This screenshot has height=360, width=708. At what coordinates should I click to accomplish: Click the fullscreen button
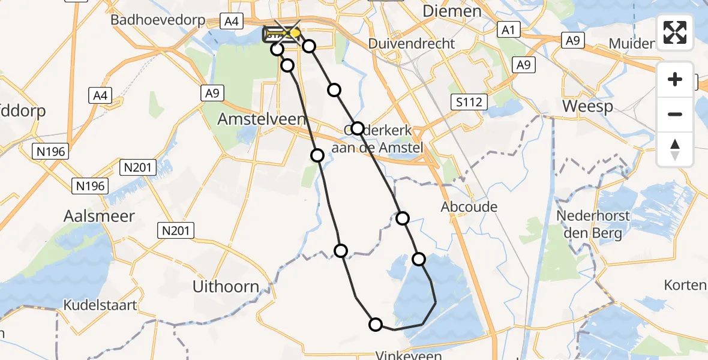pos(675,32)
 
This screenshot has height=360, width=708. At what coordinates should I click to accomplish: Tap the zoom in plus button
pos(675,79)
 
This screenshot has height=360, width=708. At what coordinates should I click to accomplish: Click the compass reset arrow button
pos(675,149)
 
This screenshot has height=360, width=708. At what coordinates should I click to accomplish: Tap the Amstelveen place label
pos(262,119)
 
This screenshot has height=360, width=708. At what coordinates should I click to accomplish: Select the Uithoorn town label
pos(226,287)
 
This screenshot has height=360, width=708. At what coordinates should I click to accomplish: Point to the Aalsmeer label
pos(99,216)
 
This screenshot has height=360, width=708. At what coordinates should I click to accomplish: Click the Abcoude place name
pos(469,207)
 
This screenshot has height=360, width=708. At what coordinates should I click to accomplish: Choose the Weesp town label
pos(587,107)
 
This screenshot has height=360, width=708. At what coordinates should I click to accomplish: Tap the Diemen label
pos(452,11)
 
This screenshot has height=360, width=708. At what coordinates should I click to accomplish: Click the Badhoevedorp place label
pos(158,20)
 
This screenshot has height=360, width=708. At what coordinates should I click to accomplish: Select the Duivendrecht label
pos(412,44)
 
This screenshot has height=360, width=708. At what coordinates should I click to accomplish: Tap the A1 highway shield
pos(508,29)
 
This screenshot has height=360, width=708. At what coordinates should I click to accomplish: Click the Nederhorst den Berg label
pos(584,224)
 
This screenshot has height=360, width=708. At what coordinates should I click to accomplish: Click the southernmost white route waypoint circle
pos(376,325)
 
